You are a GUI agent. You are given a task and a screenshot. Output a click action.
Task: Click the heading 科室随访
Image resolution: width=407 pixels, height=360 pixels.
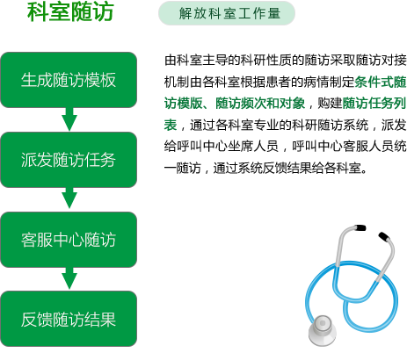(70, 12)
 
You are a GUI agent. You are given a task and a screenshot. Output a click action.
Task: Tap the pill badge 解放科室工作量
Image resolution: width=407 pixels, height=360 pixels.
(227, 13)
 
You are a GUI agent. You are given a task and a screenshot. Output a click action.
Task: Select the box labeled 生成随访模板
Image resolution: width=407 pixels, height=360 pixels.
(69, 80)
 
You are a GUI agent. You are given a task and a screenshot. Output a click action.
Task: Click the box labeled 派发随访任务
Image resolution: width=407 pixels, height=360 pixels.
(69, 160)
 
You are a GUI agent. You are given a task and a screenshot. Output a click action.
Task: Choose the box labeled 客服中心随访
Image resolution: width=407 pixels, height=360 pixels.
(69, 240)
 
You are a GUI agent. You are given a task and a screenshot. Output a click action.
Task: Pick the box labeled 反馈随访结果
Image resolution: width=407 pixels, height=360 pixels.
(69, 319)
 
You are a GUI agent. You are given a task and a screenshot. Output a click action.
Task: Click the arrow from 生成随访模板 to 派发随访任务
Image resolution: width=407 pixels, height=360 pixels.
(69, 119)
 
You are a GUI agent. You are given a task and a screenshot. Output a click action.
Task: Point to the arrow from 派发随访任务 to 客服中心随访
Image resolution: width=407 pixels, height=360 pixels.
(69, 198)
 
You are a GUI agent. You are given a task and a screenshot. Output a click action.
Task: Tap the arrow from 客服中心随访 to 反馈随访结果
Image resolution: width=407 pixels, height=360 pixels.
(69, 278)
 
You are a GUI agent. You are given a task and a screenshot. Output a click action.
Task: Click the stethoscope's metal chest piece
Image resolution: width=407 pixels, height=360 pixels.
(323, 330)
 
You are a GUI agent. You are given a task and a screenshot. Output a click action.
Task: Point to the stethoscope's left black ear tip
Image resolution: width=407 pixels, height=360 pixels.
(360, 227)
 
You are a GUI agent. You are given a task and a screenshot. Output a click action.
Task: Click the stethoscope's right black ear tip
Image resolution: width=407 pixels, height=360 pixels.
(384, 236)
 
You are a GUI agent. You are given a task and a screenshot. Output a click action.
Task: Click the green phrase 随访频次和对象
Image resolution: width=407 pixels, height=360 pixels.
(260, 104)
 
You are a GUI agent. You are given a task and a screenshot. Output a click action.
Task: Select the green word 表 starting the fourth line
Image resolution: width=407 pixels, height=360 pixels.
(171, 125)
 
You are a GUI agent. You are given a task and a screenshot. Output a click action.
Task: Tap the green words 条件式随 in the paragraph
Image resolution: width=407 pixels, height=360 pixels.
(381, 83)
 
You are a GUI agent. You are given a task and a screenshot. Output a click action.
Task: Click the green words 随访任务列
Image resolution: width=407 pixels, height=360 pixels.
(374, 104)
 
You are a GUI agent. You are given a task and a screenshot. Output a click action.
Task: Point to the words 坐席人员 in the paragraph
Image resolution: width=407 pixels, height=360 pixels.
(253, 147)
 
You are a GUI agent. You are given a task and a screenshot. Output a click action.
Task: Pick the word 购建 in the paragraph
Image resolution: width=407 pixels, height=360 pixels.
(330, 104)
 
